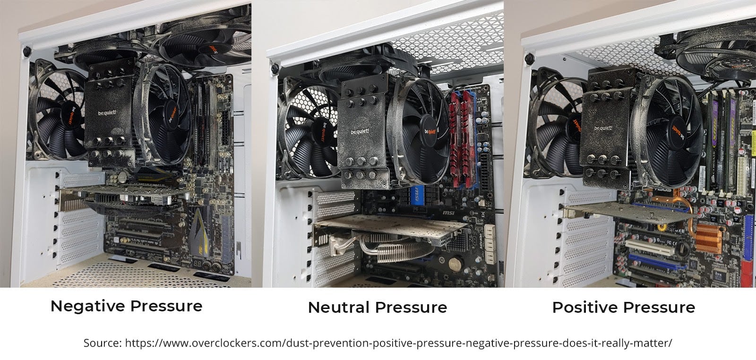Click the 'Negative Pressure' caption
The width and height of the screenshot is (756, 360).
[126, 306]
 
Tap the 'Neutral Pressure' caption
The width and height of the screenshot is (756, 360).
[377, 308]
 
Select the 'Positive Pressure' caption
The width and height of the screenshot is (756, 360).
[623, 308]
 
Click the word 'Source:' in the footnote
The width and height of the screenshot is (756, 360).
[103, 343]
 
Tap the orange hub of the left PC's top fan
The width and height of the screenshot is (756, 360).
[211, 49]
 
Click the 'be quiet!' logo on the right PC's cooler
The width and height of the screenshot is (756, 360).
[603, 128]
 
